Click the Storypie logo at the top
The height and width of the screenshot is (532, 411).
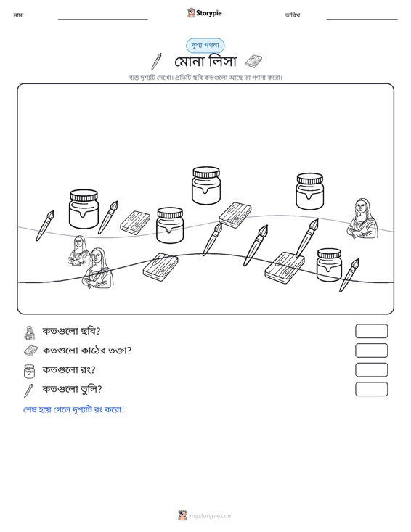(205, 13)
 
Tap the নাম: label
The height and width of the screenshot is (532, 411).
(18, 15)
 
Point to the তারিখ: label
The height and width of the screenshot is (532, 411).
(293, 15)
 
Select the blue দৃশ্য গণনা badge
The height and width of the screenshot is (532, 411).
(205, 46)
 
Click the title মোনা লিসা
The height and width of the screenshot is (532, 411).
(206, 62)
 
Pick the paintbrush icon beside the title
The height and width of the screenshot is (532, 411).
(156, 62)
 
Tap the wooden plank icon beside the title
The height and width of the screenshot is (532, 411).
(253, 62)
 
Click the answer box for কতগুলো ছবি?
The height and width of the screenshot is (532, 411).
(371, 331)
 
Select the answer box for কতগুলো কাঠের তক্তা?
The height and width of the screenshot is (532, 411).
(371, 351)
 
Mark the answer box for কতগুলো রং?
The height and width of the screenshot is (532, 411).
(371, 370)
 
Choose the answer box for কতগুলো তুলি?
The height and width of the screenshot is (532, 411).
(371, 389)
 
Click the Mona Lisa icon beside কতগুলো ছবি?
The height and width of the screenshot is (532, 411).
(30, 332)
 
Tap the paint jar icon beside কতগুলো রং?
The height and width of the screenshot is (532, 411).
(29, 371)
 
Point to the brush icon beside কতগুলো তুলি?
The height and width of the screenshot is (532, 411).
(28, 390)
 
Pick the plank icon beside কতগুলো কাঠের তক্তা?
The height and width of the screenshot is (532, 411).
(30, 351)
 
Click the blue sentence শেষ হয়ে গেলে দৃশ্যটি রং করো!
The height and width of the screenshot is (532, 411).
(73, 409)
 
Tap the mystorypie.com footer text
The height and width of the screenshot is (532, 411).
(211, 516)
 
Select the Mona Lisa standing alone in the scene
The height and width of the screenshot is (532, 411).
(362, 218)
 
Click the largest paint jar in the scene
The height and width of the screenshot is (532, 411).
(84, 208)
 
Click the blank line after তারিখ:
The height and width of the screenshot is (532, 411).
(362, 19)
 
